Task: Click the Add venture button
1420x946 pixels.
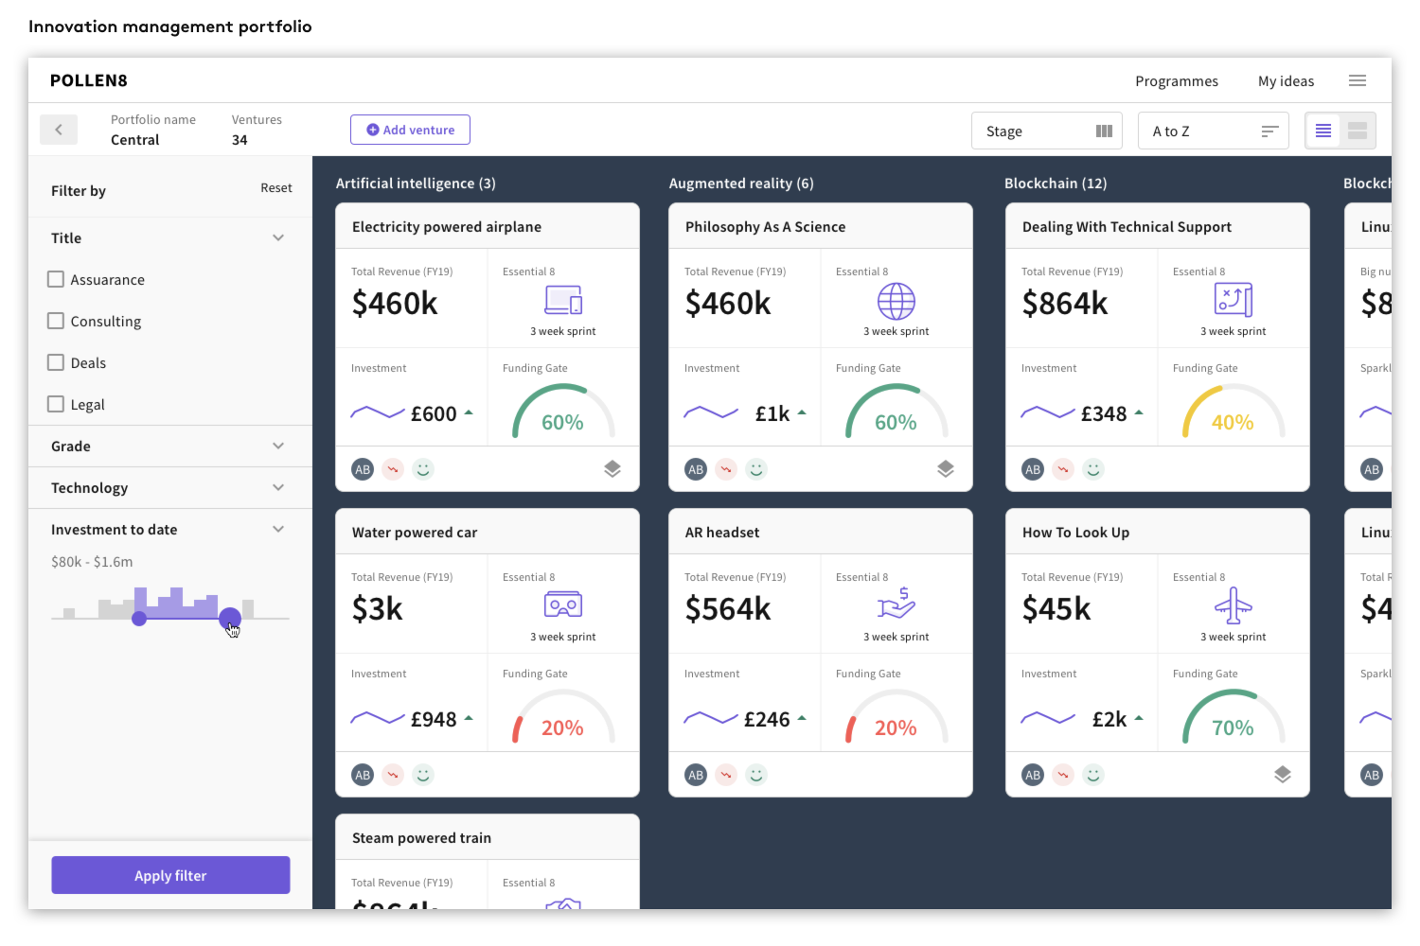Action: pos(410,131)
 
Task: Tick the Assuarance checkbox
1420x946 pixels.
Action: pos(57,279)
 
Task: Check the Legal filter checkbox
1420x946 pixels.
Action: pos(57,404)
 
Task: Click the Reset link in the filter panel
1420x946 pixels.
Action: pos(276,188)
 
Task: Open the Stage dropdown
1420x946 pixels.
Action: pos(1047,131)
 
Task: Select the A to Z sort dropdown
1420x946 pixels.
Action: pos(1213,131)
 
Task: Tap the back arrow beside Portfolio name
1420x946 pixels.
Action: pos(59,130)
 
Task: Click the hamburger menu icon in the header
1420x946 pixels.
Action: pos(1358,81)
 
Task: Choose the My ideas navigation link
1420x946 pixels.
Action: pos(1286,81)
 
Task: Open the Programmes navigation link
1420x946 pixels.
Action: pos(1177,81)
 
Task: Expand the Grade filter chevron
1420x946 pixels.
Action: pos(278,446)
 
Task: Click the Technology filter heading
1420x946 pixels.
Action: pos(90,488)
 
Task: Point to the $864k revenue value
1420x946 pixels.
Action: pos(1065,304)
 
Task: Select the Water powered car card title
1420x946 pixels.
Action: pos(415,533)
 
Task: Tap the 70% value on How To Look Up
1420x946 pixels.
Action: pos(1233,728)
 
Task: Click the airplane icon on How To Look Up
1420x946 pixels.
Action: pos(1233,605)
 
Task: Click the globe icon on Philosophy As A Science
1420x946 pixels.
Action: pos(896,302)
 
